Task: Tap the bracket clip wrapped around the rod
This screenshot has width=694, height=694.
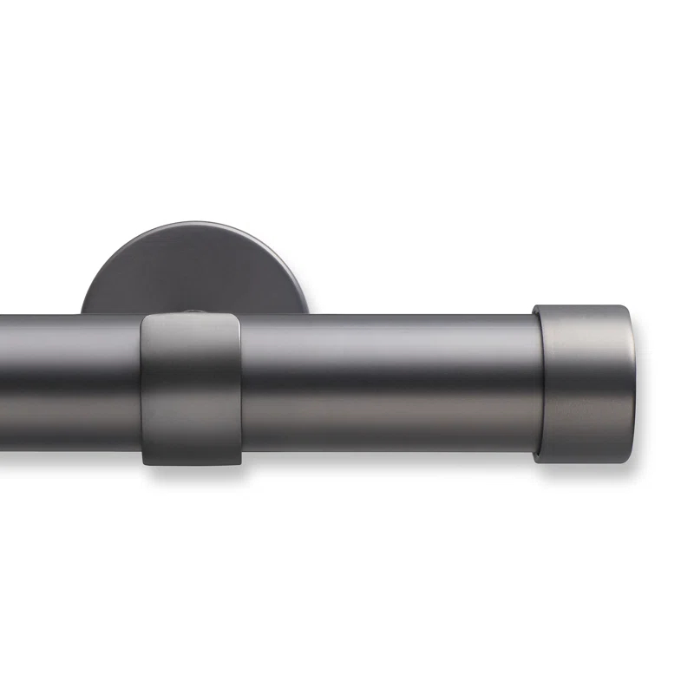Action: click(x=191, y=390)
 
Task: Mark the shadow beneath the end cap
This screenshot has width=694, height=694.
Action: click(x=590, y=469)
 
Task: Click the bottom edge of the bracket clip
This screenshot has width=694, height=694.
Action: click(x=191, y=465)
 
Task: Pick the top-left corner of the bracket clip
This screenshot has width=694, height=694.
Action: click(x=142, y=318)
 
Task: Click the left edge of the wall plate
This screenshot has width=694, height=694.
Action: click(x=83, y=308)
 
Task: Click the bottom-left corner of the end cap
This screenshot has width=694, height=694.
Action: click(x=536, y=459)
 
